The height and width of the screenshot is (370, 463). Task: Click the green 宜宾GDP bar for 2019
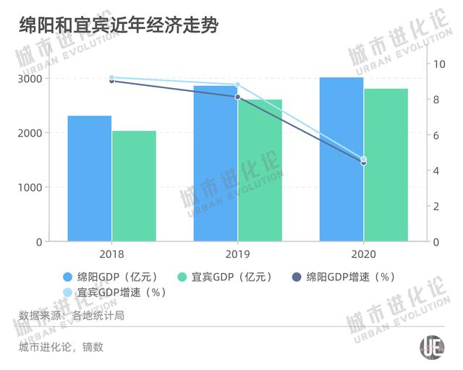pyautogui.click(x=260, y=171)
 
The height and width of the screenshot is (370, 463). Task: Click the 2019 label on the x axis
pyautogui.click(x=238, y=254)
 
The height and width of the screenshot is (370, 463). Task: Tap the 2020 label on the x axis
pyautogui.click(x=364, y=254)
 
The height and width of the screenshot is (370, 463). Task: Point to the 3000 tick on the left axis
pyautogui.click(x=29, y=79)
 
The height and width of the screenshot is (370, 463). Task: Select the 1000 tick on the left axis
pyautogui.click(x=29, y=187)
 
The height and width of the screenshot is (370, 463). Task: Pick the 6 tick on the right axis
pyautogui.click(x=436, y=135)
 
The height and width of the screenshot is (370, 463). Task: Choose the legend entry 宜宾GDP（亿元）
pyautogui.click(x=224, y=277)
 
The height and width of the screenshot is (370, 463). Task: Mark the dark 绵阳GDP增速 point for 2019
pyautogui.click(x=237, y=97)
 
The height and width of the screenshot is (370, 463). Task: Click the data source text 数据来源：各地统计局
pyautogui.click(x=76, y=315)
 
